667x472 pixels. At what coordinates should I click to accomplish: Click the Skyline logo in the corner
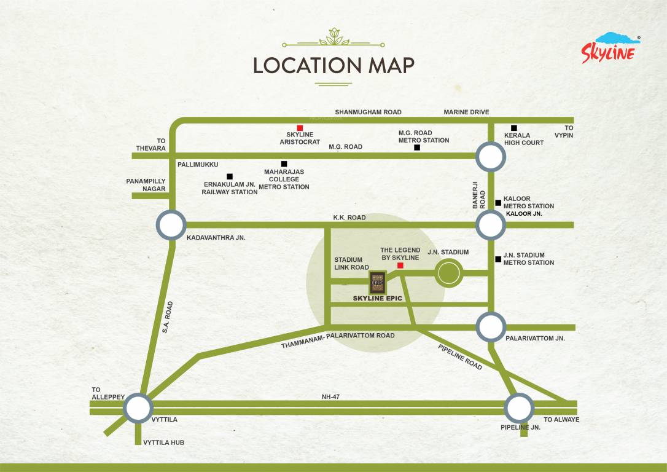(611, 48)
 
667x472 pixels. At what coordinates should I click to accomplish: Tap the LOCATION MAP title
(333, 65)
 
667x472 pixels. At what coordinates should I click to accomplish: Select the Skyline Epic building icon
(377, 283)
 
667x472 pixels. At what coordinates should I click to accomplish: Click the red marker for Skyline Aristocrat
(300, 128)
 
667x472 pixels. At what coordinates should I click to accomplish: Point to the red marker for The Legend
(400, 265)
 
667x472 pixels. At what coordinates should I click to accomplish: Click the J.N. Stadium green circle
(449, 272)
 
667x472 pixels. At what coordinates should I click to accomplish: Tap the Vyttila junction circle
(138, 408)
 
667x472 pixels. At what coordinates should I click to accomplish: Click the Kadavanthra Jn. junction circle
(171, 224)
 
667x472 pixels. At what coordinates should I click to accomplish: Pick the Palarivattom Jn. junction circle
(491, 327)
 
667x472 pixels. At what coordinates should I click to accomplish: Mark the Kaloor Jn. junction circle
(491, 225)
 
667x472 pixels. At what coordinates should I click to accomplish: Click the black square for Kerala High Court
(514, 128)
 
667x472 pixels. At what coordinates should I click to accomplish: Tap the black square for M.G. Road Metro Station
(417, 147)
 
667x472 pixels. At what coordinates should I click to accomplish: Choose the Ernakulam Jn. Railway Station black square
(230, 176)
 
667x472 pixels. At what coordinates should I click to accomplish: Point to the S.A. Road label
(168, 317)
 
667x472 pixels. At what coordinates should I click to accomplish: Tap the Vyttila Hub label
(163, 442)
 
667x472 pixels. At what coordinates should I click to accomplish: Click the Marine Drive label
(466, 112)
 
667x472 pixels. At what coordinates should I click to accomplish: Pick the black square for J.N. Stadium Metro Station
(498, 259)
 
